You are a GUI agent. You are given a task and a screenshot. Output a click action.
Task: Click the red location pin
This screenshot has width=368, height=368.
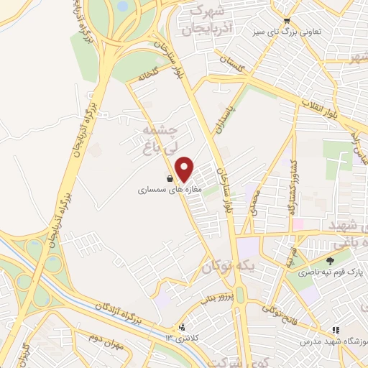(185, 169)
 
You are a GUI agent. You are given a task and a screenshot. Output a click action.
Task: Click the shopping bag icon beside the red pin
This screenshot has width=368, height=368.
(170, 178)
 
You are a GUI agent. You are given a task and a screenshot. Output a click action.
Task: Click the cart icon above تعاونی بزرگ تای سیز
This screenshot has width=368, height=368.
(287, 21)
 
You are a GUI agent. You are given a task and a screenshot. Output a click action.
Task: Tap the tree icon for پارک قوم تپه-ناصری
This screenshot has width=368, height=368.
(330, 261)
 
